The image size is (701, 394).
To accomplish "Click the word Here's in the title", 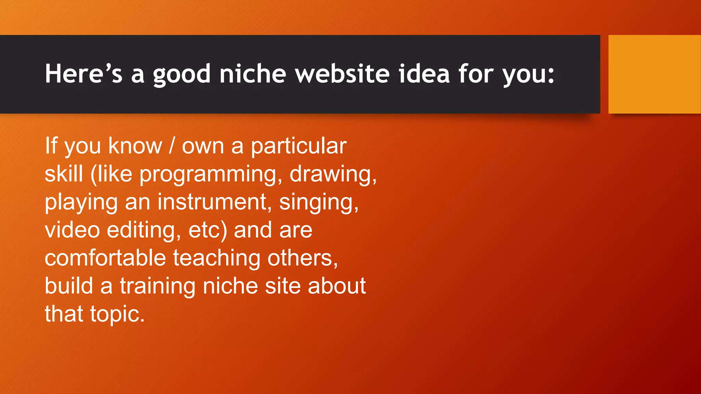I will (84, 74).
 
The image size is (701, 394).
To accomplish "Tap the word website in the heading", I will (342, 74).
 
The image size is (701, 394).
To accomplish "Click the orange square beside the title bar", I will (654, 74).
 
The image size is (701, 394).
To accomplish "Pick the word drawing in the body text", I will (333, 175).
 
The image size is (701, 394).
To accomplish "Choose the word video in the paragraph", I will (72, 230).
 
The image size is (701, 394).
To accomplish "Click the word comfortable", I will (105, 258).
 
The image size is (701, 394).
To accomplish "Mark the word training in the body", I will (157, 287).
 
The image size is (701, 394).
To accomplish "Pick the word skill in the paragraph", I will (64, 174).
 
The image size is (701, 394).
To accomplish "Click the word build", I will (69, 286).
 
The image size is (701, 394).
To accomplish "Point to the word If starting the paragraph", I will (51, 146).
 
